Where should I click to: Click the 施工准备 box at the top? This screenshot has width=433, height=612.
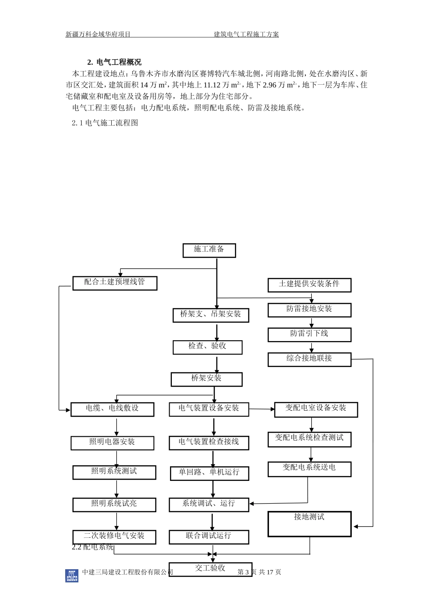[x=209, y=250]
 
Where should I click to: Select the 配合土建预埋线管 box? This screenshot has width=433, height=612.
[x=115, y=283]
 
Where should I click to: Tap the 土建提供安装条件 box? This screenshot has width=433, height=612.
[x=309, y=285]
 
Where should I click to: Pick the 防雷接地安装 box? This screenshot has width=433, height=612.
[x=309, y=310]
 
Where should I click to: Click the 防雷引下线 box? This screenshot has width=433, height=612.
[x=309, y=335]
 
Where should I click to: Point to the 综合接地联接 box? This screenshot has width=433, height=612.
[x=309, y=359]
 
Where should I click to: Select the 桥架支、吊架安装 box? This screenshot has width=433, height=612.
[x=211, y=315]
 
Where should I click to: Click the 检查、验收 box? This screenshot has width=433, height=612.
[x=207, y=347]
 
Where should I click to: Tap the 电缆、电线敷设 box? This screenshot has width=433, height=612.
[x=113, y=409]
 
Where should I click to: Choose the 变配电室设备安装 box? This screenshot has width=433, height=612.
[x=316, y=409]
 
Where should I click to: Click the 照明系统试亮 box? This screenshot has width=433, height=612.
[x=114, y=505]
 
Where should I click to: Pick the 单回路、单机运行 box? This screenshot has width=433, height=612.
[x=210, y=474]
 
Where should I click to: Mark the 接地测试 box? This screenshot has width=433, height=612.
[x=309, y=524]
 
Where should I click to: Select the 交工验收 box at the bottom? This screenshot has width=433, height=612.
[x=210, y=569]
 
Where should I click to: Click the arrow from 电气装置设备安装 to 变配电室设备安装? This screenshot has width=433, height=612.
[x=262, y=409]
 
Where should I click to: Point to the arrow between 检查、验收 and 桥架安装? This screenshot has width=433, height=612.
[x=217, y=365]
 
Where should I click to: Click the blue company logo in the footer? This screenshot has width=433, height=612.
[x=72, y=576]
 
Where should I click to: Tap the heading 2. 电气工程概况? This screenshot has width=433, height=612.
[x=114, y=62]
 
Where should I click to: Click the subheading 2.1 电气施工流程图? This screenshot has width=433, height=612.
[x=105, y=123]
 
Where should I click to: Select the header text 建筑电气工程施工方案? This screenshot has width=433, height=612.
[x=246, y=34]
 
